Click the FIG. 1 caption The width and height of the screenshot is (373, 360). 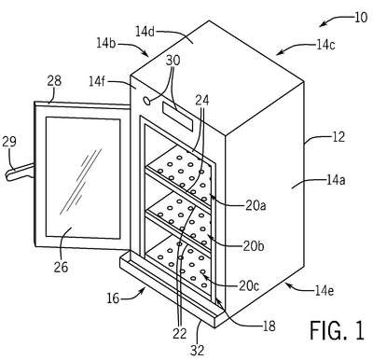[337, 330]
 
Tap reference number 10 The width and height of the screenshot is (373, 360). [360, 18]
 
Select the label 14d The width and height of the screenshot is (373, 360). [145, 32]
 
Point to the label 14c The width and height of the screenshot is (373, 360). [325, 45]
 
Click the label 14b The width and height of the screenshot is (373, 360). [106, 43]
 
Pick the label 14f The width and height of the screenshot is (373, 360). [98, 82]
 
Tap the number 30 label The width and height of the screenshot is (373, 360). [173, 61]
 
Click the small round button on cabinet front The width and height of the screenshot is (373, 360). [146, 100]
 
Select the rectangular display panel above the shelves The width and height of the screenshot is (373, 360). [177, 117]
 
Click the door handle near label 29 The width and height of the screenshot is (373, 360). [20, 172]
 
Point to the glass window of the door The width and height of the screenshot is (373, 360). [83, 178]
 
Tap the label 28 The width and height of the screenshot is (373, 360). [54, 81]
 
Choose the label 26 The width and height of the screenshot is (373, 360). [61, 267]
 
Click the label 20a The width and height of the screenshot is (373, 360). [256, 206]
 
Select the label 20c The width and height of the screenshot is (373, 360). [249, 286]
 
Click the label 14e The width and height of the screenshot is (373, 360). [325, 291]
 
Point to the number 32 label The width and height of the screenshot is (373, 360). [198, 351]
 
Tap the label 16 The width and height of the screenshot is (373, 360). [113, 298]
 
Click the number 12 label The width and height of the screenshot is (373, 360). [338, 136]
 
